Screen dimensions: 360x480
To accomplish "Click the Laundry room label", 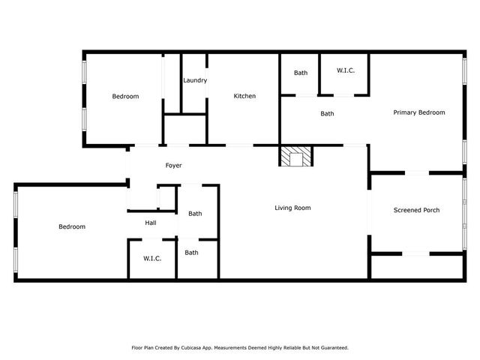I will tap(195, 80).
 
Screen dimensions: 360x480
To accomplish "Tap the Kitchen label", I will tap(244, 96).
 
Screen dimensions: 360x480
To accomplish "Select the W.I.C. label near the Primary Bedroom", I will tap(345, 70).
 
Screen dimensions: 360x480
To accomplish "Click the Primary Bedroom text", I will tap(419, 112).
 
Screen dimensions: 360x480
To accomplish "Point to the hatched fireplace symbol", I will tap(295, 157).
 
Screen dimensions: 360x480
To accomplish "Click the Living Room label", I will tap(292, 208).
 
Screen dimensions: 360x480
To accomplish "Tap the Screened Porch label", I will tap(416, 210).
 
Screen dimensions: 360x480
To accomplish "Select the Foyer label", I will tap(173, 165).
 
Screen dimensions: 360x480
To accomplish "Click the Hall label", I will tap(151, 223).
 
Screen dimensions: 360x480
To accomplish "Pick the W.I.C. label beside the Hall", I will tap(153, 258).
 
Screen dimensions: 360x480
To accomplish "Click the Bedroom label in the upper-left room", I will tap(125, 96).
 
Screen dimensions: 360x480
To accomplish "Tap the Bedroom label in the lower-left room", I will tap(72, 226).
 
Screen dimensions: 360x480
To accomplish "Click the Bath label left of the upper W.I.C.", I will tap(301, 73).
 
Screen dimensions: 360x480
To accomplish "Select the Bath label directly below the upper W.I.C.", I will tap(327, 114).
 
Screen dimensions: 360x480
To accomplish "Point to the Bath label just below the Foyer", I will tap(195, 214).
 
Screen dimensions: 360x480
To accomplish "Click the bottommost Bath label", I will tap(192, 253).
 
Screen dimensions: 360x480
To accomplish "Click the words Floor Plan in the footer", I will tap(144, 348).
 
